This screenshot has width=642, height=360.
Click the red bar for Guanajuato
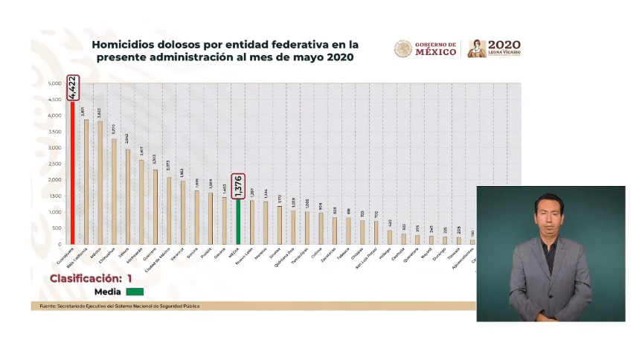pos(72,171)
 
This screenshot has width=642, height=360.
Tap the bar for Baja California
pos(86,181)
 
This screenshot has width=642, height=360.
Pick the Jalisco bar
pos(128,196)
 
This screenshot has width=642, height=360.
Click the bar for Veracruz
pos(183,212)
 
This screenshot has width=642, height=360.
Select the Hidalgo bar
pos(390,237)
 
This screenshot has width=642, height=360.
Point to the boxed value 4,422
pos(72,86)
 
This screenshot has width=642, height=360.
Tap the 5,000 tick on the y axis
pos(55,83)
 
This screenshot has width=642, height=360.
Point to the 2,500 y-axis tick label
pos(55,164)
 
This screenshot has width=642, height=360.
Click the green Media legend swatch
pos(135,292)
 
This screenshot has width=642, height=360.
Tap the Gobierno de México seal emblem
pos(402,49)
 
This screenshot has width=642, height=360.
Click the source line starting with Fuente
pos(119,306)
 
